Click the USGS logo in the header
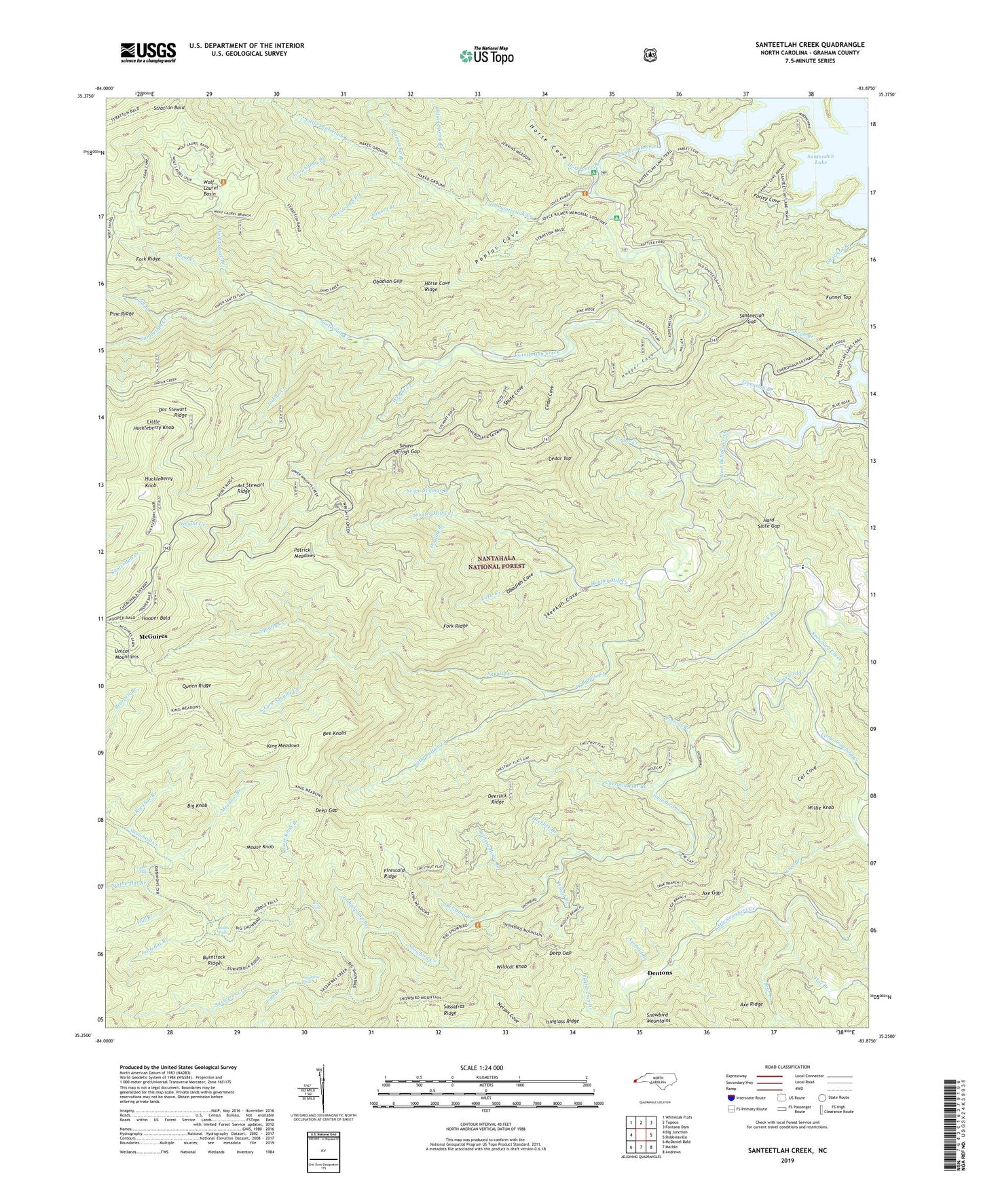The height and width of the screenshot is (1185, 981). tap(148, 52)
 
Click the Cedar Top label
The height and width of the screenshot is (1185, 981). tap(559, 459)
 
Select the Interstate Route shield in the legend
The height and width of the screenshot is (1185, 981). tap(731, 1097)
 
